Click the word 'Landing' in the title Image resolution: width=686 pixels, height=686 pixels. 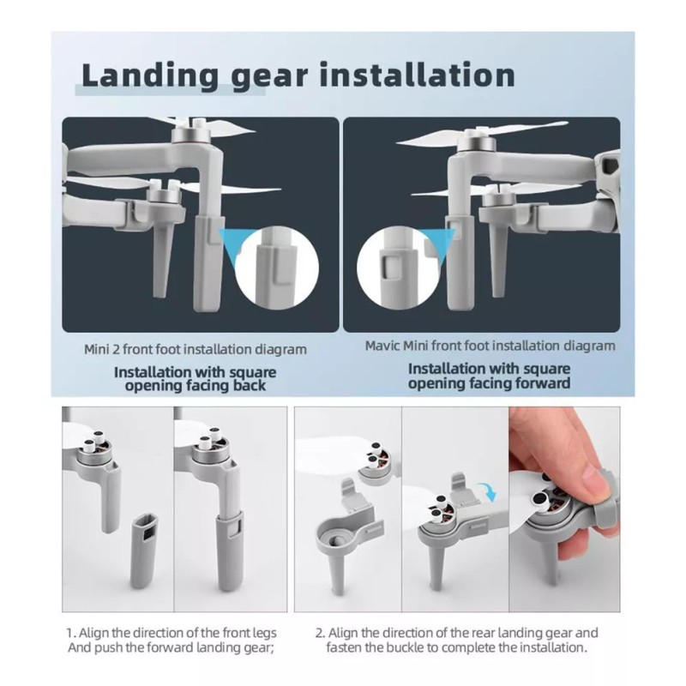point(150,76)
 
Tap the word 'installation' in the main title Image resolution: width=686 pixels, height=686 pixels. point(418,75)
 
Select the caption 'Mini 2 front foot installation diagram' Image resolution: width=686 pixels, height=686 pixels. point(196,350)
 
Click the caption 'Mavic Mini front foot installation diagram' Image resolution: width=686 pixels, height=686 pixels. point(490,346)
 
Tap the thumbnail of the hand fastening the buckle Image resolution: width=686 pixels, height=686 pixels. point(564,509)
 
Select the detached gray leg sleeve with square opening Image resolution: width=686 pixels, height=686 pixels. point(144,551)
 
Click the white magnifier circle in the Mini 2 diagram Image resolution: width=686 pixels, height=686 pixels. point(276,268)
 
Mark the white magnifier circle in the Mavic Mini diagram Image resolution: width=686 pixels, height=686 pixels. point(399,268)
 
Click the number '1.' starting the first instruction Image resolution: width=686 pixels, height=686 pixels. point(71,633)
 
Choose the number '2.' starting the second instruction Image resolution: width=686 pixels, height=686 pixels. point(321,633)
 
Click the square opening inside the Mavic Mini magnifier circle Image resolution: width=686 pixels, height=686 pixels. point(392,267)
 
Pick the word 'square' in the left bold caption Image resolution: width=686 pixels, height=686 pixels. point(253,373)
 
